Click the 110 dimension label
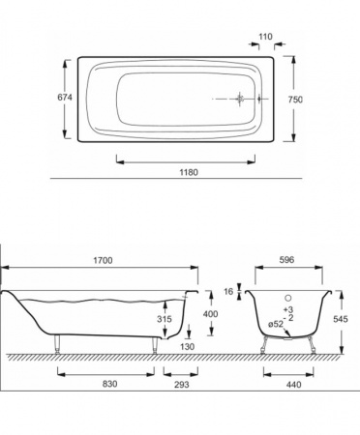coord(265,37)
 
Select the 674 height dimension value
coord(65,97)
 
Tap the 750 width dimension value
coord(295,100)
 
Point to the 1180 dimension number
coord(189,172)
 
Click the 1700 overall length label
coord(103,260)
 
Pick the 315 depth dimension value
coord(165,319)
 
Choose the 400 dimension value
coord(211,313)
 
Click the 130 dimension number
coord(188,346)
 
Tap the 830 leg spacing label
coord(109,384)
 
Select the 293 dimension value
coord(182,384)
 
